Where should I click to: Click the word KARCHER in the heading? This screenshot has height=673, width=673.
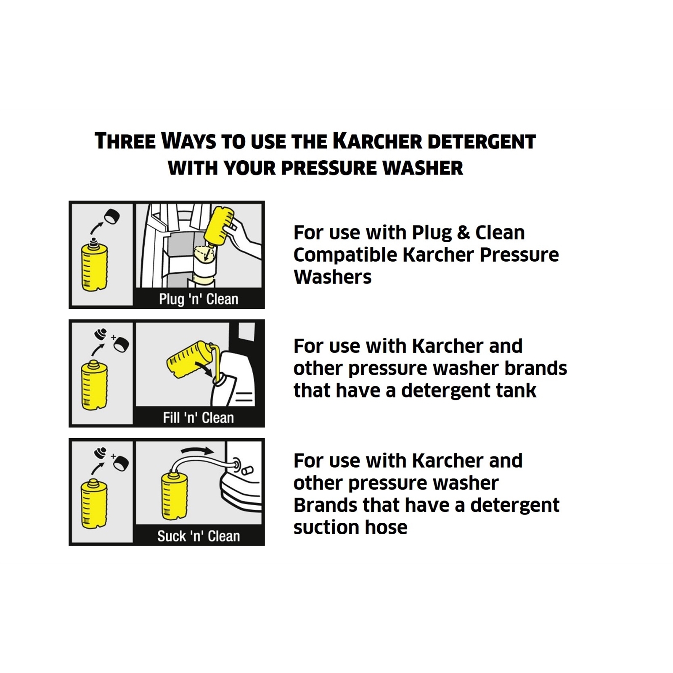[377, 141]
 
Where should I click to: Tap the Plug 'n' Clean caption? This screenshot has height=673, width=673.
[199, 299]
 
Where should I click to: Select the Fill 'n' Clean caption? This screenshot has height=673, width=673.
[199, 418]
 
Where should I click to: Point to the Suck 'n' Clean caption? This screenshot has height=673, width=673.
[199, 536]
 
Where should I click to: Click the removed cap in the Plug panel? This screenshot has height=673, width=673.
[112, 216]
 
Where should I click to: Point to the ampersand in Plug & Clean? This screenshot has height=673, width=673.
[463, 233]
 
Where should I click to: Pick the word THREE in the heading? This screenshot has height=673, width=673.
[125, 141]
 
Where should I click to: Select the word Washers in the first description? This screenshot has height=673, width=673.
[332, 277]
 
